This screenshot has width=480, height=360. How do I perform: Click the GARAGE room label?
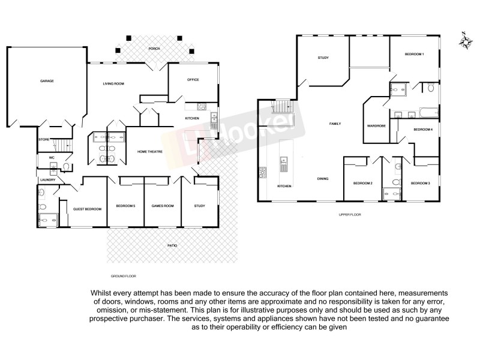point(47,80)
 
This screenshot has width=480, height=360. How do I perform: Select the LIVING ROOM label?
point(114,83)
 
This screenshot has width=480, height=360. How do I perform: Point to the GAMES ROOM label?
point(162,206)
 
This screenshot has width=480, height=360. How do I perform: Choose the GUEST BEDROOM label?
point(87,208)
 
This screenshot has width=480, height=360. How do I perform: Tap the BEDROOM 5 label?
point(125,206)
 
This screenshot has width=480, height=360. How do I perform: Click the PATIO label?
point(172,246)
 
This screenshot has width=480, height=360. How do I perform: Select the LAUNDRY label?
point(47,179)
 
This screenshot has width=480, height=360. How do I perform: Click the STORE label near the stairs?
point(44,139)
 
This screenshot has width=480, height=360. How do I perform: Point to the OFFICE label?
point(193,79)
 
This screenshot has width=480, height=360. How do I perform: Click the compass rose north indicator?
point(464,41)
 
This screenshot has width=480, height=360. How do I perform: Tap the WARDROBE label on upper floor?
point(376,125)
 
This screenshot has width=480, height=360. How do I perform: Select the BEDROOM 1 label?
point(414,55)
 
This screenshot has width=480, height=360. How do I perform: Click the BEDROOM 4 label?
point(423,129)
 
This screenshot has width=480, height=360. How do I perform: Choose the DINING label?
point(322,178)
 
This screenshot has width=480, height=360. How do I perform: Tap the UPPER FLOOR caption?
point(349,214)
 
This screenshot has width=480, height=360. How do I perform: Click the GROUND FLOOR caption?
point(124,276)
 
